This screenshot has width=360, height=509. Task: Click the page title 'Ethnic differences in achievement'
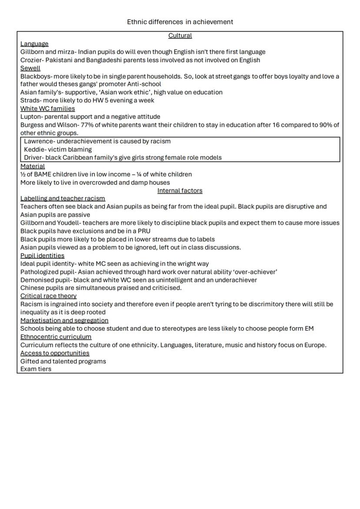pos(180,22)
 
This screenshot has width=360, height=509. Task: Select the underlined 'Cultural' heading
pos(180,36)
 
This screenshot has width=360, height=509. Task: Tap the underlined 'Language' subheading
pos(34,44)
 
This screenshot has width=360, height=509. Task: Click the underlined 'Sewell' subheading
pos(30,68)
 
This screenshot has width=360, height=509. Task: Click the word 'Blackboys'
pos(35,77)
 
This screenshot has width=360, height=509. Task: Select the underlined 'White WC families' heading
pos(47,109)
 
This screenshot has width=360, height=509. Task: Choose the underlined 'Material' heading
pos(33,166)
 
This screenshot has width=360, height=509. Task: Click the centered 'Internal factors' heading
pos(180,191)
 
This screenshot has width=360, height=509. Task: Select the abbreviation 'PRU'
pos(144,231)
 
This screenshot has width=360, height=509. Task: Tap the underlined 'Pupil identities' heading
pos(42,256)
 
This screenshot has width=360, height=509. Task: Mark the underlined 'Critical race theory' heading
pos(48,296)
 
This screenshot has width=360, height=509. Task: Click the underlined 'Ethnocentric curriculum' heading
pos(56,337)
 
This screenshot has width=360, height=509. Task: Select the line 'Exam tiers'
pos(36,369)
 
